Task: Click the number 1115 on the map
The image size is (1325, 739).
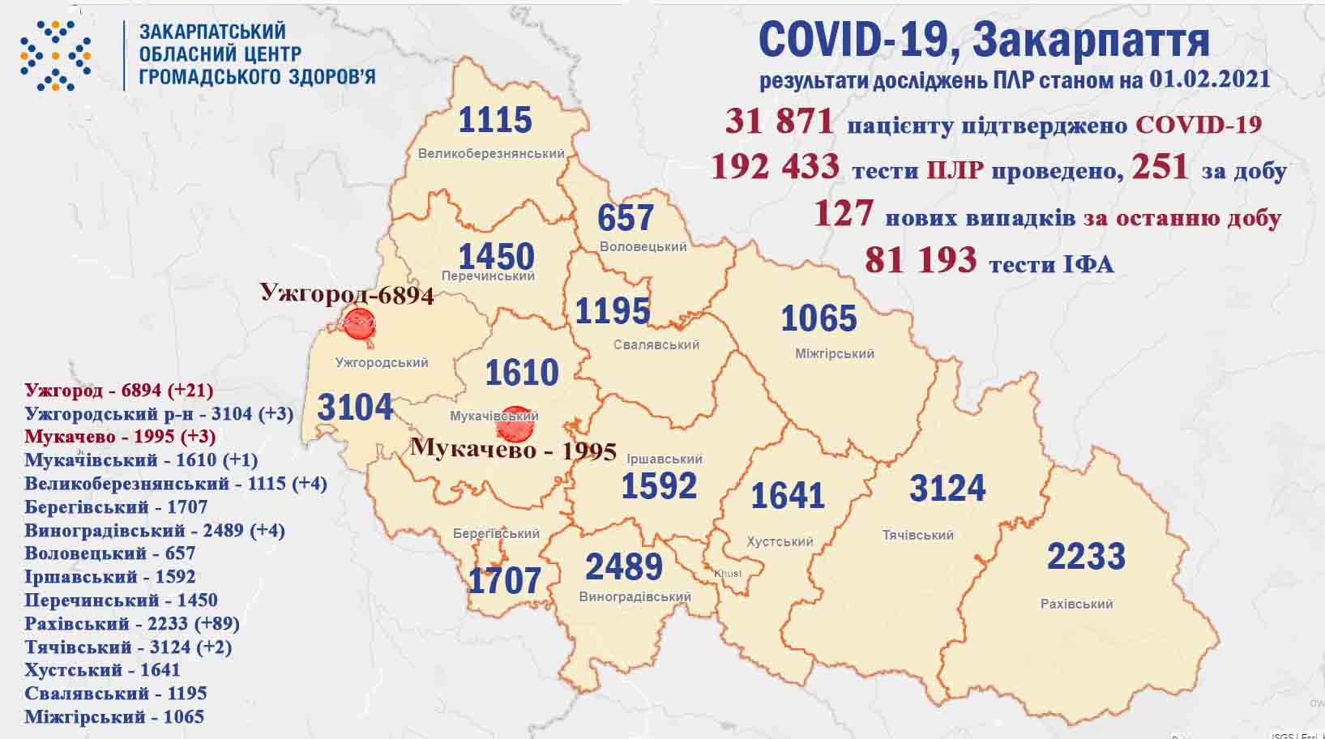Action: pyautogui.click(x=494, y=120)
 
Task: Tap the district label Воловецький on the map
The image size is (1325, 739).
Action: pyautogui.click(x=643, y=246)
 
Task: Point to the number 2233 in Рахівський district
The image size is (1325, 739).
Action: pyautogui.click(x=1086, y=557)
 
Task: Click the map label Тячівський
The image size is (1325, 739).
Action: pyautogui.click(x=917, y=535)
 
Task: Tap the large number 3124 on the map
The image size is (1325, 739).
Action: pyautogui.click(x=947, y=489)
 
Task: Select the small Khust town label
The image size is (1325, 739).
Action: pyautogui.click(x=727, y=574)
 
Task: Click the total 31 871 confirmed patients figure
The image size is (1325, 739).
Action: pyautogui.click(x=779, y=122)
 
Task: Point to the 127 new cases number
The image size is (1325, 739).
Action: pyautogui.click(x=843, y=214)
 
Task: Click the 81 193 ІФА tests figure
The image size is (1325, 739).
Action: pyautogui.click(x=920, y=260)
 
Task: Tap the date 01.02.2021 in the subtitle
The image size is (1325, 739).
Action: pyautogui.click(x=1208, y=80)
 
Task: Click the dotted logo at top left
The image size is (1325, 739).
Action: pyautogui.click(x=55, y=55)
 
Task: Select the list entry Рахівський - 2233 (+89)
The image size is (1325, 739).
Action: pyautogui.click(x=131, y=623)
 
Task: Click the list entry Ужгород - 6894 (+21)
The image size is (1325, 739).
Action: pyautogui.click(x=118, y=390)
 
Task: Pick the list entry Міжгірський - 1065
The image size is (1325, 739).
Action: pyautogui.click(x=114, y=716)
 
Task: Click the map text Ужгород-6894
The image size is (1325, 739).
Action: pyautogui.click(x=347, y=293)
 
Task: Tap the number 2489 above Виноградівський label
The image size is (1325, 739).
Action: pyautogui.click(x=623, y=566)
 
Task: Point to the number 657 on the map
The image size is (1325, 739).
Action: pyautogui.click(x=625, y=217)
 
